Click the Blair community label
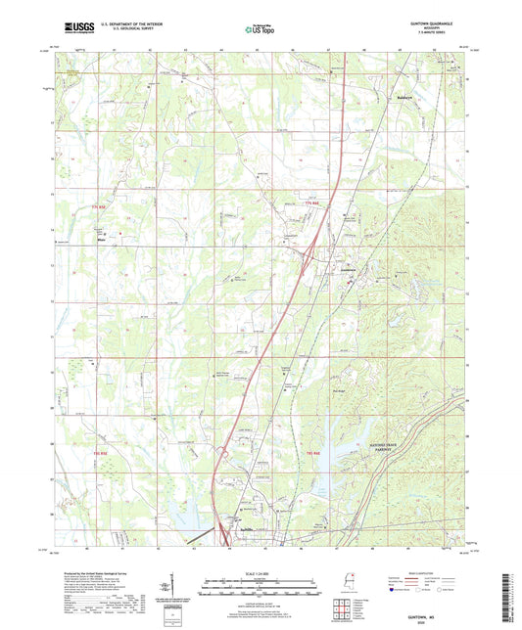100,236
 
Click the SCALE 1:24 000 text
261,572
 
